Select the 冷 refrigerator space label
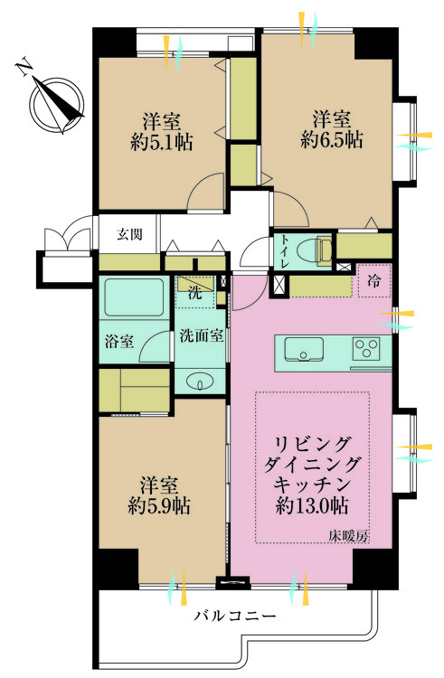(373, 281)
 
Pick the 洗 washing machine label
(194, 291)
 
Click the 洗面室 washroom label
(202, 335)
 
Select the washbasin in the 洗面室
(201, 381)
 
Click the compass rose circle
(56, 103)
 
